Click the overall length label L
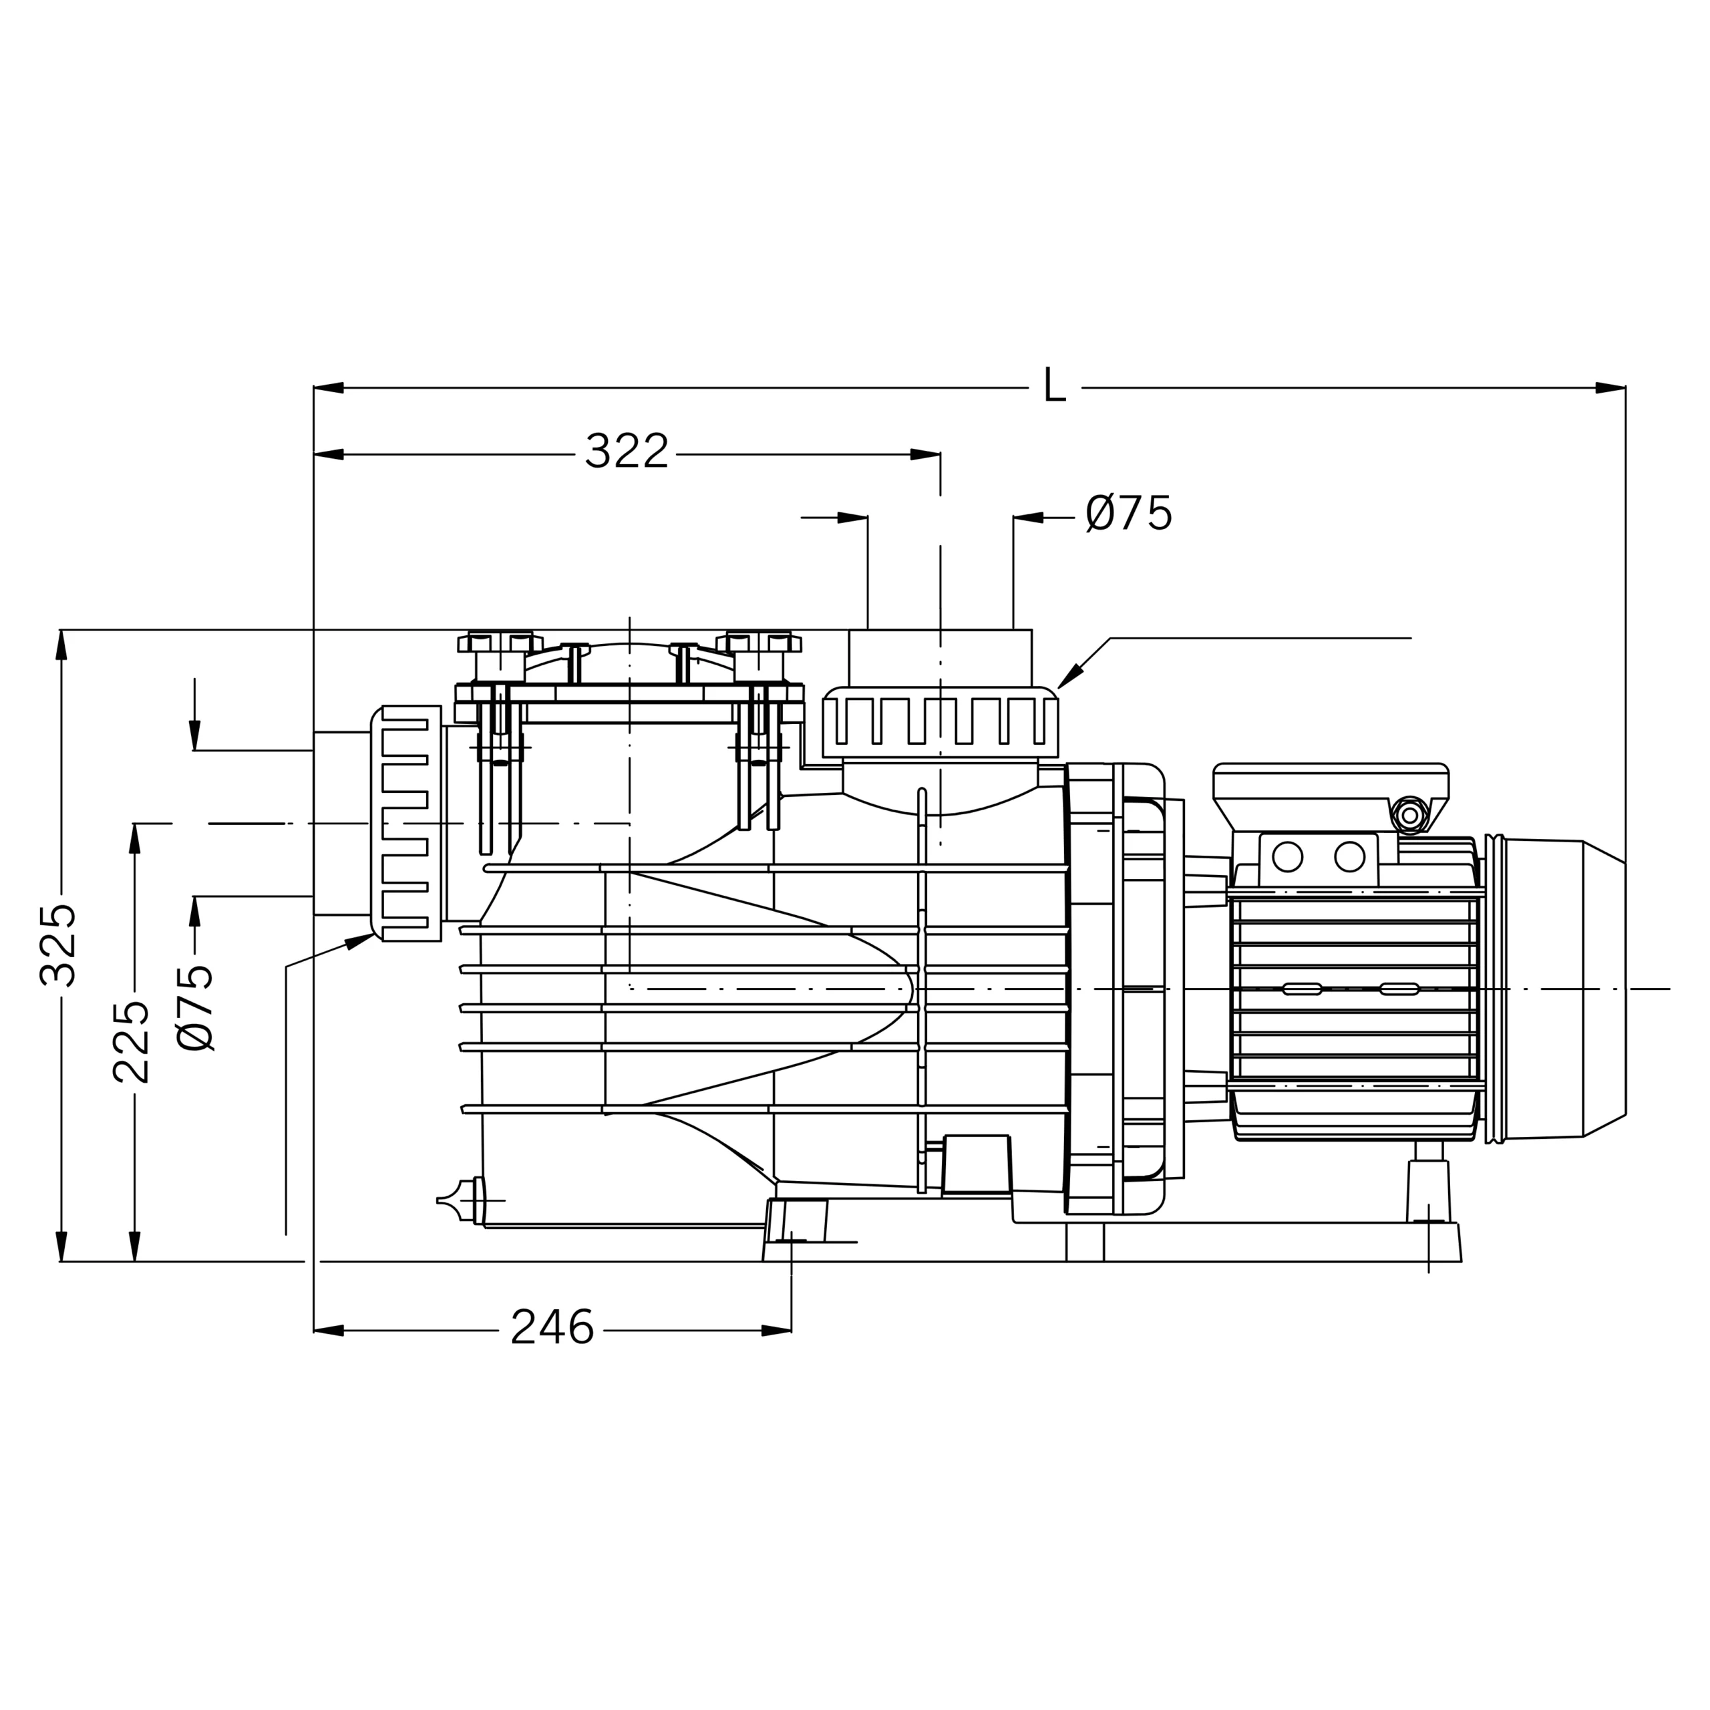point(1054,386)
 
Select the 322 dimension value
point(626,452)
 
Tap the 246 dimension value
point(552,1329)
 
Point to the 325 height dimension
point(58,945)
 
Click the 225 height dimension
point(131,1042)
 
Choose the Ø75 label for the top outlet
point(1128,514)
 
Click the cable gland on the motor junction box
point(1409,814)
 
